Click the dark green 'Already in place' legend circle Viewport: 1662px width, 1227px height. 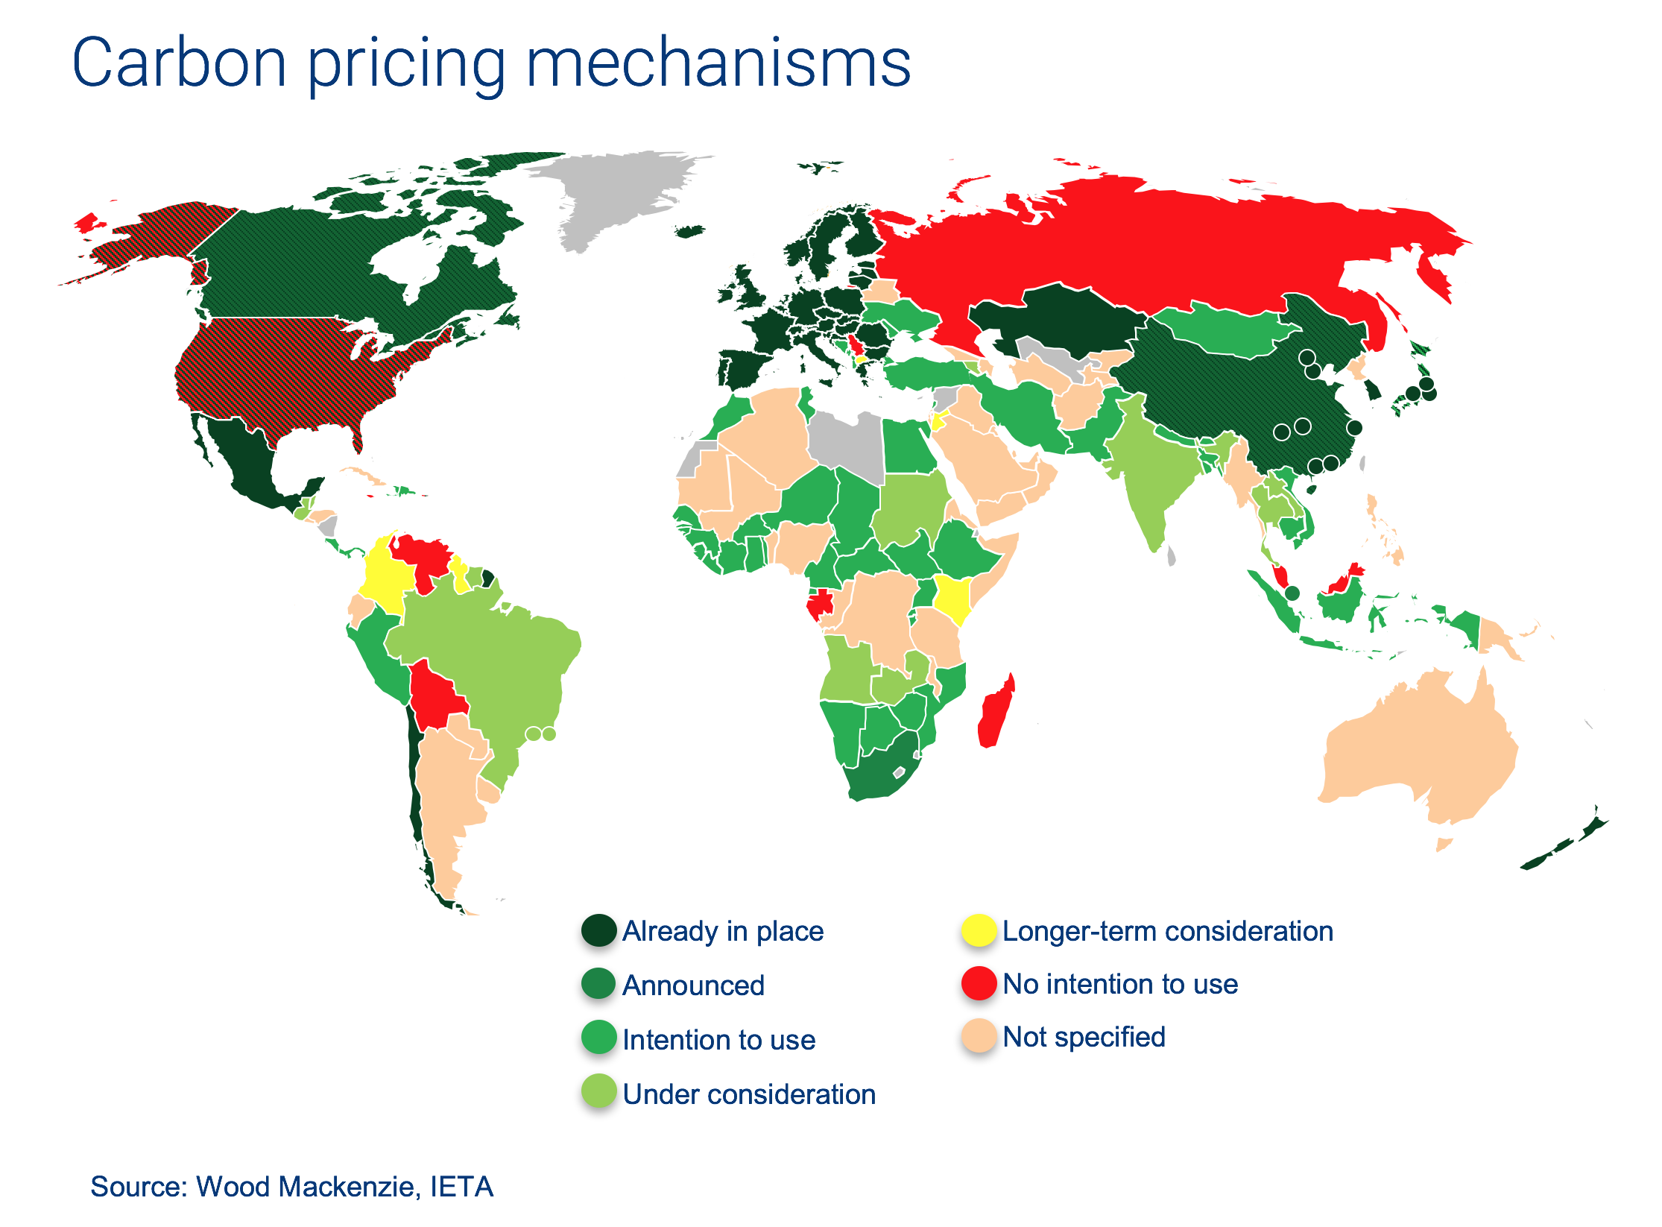point(598,930)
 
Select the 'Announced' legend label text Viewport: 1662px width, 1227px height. point(693,985)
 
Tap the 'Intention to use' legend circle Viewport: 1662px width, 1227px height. point(598,1038)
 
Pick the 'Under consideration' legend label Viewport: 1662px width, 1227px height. point(749,1094)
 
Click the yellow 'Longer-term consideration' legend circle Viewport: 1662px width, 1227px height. point(979,930)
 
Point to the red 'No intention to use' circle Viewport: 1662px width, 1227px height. point(979,983)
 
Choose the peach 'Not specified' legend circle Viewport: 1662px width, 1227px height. point(979,1036)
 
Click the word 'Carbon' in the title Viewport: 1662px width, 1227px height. point(179,63)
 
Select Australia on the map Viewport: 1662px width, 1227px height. point(1424,753)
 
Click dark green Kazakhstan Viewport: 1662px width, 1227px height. point(1058,317)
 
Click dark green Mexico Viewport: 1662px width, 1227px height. point(246,462)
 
